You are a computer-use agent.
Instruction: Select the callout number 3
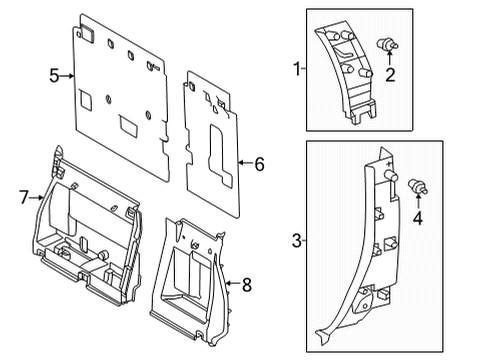[x=295, y=241]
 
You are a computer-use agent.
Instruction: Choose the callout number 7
[x=24, y=197]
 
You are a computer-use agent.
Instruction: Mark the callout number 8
[x=248, y=285]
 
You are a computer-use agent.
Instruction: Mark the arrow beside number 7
[x=38, y=197]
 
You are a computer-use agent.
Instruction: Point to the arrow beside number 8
[x=233, y=285]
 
